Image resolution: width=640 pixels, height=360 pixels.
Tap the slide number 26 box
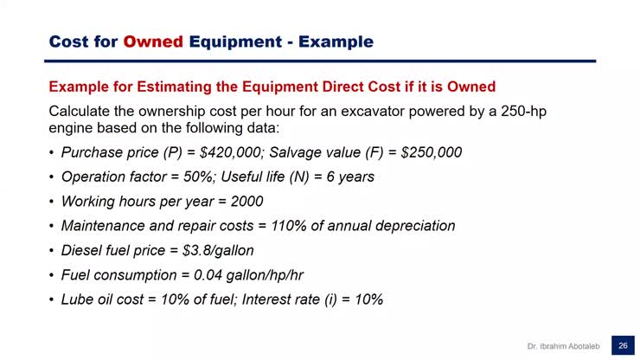[622, 345]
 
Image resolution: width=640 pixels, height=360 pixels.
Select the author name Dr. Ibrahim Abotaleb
[565, 346]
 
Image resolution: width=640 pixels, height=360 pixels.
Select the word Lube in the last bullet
[77, 299]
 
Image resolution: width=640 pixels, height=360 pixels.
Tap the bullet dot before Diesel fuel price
[52, 251]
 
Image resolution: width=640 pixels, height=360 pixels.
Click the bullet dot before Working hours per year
[52, 202]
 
